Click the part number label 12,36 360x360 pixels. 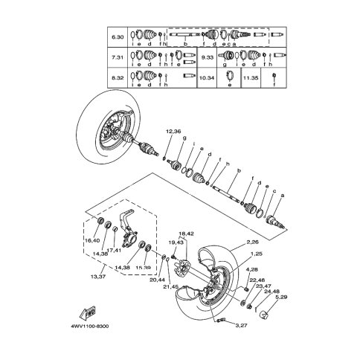pos(152,132)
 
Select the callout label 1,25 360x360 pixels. pos(255,254)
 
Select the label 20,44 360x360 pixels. pos(158,279)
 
